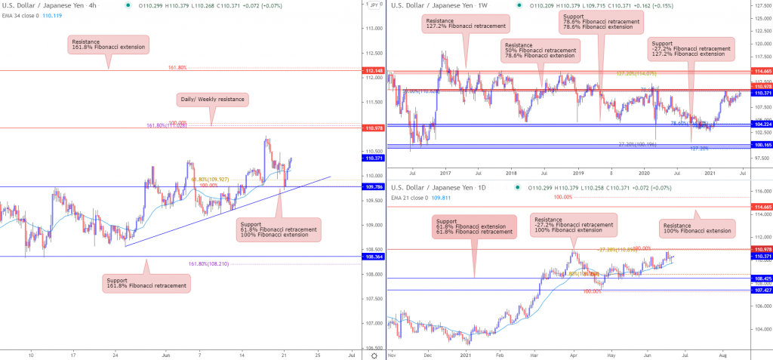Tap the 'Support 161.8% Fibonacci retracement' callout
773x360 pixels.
[147, 283]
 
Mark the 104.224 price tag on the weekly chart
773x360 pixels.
[761, 125]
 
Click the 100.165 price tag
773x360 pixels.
[761, 144]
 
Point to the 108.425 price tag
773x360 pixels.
[761, 278]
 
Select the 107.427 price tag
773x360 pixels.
[761, 290]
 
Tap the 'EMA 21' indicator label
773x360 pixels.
[406, 197]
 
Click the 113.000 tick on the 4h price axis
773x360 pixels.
[372, 29]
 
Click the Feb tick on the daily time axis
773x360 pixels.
[499, 352]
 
